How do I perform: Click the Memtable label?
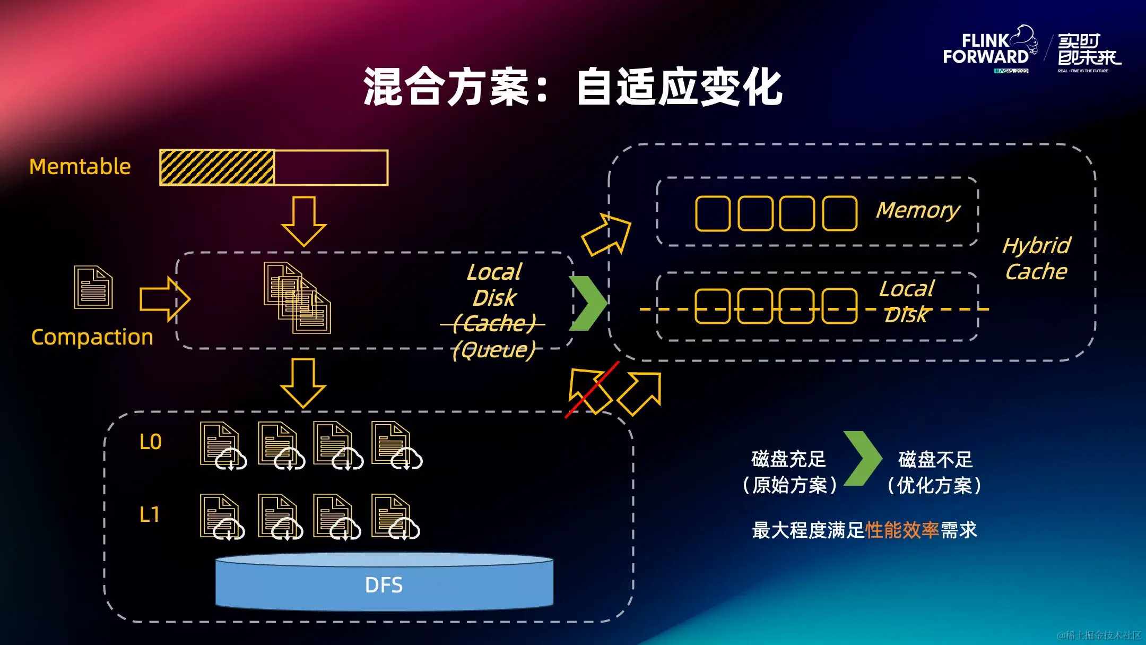coord(80,167)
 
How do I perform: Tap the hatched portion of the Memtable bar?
coord(217,168)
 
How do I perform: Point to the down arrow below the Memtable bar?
coord(303,221)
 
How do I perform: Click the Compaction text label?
coord(92,337)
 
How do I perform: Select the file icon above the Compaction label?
coord(93,287)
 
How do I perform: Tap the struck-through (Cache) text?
coord(494,323)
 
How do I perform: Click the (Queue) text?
coord(494,350)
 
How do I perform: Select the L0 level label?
coord(150,442)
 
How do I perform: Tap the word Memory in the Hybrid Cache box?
coord(918,210)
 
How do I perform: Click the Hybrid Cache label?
coord(1036,259)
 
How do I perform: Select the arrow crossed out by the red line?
coord(589,390)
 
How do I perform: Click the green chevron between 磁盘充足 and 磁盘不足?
coord(863,459)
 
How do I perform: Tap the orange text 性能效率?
coord(902,530)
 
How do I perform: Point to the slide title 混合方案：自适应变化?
coord(573,87)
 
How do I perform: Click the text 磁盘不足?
coord(935,459)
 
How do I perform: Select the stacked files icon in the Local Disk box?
coord(297,298)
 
